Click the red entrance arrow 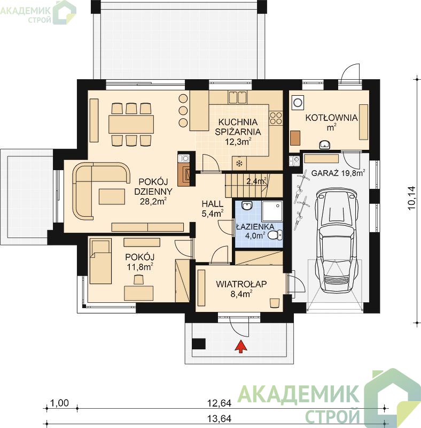(x=241, y=346)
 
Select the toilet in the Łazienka (x=275, y=235)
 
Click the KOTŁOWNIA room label (x=331, y=118)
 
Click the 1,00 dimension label (x=60, y=403)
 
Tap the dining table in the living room (x=131, y=124)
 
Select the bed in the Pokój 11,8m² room (x=100, y=261)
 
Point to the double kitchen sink (x=238, y=97)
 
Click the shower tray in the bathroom (x=272, y=211)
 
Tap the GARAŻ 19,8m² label (x=338, y=173)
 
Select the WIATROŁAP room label (x=241, y=284)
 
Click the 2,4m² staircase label (x=257, y=181)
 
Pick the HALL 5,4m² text (x=213, y=209)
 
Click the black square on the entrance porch (x=199, y=343)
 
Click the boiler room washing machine (x=298, y=103)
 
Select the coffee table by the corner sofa (x=112, y=196)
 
